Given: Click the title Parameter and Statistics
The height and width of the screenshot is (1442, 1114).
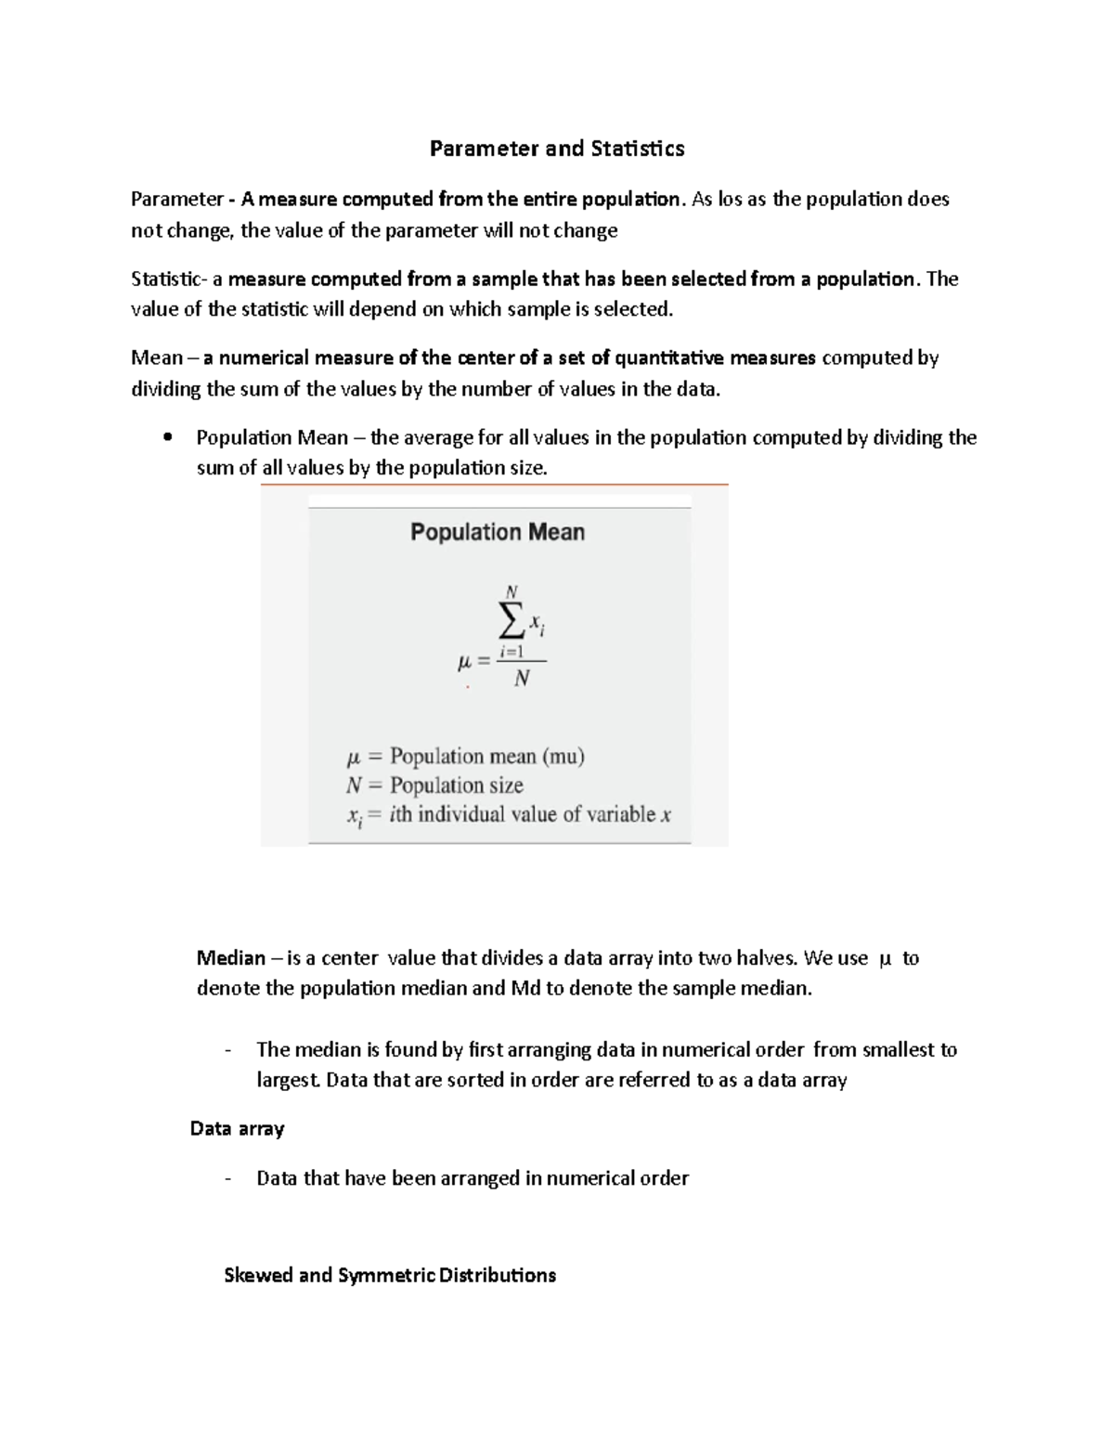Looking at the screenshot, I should (557, 149).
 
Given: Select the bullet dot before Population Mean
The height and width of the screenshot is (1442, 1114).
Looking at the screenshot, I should (167, 438).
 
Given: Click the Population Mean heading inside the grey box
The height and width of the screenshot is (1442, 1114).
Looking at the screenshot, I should (498, 532).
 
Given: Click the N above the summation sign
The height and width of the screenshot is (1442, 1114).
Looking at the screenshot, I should (512, 591).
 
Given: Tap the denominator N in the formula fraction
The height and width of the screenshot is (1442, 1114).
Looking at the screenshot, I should (522, 679).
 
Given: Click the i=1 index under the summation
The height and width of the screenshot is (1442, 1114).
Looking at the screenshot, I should (512, 652).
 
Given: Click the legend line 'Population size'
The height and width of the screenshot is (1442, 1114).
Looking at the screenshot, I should (456, 786).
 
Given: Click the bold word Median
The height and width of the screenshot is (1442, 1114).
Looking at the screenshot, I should (230, 958).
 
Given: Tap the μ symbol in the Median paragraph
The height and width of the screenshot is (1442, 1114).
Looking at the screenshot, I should (884, 958).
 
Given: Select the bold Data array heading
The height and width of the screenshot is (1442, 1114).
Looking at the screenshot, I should (237, 1129).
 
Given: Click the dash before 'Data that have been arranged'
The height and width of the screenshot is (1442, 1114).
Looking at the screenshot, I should (227, 1179).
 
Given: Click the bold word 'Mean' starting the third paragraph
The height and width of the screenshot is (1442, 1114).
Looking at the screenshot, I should (156, 358).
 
